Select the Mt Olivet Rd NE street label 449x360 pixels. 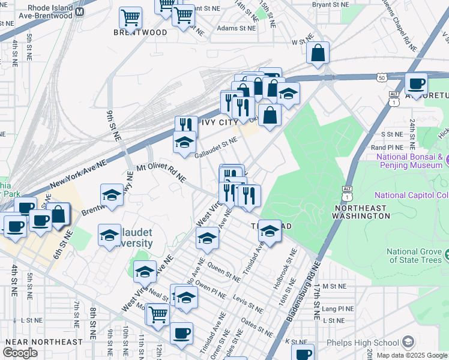coord(161,173)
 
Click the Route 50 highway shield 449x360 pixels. coord(382,77)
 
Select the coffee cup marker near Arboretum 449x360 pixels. coord(416,83)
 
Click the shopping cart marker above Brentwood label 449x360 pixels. coord(130,18)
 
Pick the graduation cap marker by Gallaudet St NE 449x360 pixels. coord(184,142)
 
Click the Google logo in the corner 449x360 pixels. coord(20,353)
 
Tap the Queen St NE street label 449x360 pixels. coord(223,269)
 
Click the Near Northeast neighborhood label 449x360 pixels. coord(43,342)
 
